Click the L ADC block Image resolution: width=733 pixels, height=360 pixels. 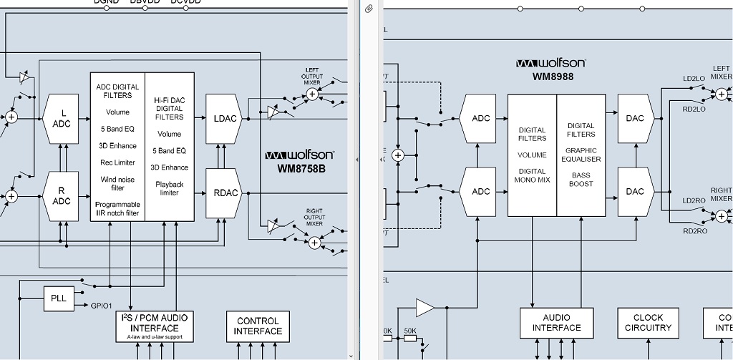click(62, 118)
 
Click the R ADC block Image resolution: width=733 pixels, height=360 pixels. click(62, 195)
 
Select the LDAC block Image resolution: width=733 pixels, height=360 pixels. click(224, 118)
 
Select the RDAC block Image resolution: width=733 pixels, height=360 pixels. click(224, 193)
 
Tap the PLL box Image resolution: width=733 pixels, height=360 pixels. click(59, 298)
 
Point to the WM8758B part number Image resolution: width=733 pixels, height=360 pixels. click(301, 169)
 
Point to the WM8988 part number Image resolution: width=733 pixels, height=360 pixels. click(553, 76)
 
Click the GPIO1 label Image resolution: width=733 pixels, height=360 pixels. click(101, 306)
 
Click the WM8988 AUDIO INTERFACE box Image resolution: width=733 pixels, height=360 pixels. click(556, 323)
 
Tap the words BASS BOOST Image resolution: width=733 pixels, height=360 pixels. click(581, 180)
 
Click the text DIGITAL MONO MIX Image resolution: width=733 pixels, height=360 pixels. click(532, 176)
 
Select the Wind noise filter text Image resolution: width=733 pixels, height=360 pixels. click(117, 183)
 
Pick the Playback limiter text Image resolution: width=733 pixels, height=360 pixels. click(170, 188)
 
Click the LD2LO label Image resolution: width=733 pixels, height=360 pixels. click(694, 79)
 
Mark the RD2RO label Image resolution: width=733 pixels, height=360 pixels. click(694, 231)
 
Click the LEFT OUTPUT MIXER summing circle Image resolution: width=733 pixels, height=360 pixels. click(311, 94)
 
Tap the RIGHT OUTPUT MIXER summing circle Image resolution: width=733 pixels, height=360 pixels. click(313, 242)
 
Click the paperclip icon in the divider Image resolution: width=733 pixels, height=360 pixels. click(369, 9)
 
